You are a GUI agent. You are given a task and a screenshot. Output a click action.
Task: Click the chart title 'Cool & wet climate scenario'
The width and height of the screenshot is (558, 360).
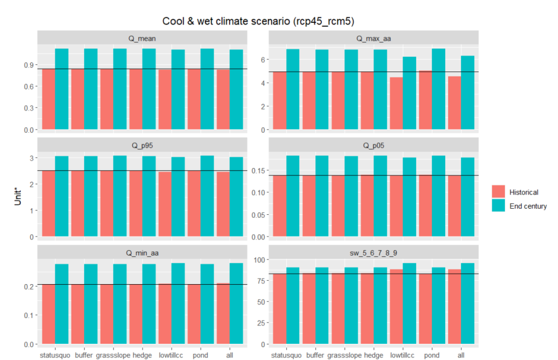coord(258,21)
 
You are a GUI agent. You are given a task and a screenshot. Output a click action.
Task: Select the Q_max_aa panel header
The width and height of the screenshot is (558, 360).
coord(373,39)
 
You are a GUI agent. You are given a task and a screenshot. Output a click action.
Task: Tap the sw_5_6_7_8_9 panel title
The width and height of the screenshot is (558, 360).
coord(373,253)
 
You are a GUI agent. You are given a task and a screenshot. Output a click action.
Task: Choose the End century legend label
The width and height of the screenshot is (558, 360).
coord(528,206)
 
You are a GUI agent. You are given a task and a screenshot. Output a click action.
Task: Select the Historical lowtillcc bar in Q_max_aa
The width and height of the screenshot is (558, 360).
coord(396,103)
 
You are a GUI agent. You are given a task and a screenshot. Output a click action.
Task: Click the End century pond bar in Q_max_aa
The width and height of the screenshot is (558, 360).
coord(439,89)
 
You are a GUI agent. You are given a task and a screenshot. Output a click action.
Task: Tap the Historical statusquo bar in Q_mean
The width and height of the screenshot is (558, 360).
coord(49,99)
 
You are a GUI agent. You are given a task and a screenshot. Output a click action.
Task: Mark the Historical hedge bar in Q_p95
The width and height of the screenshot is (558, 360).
coord(136,204)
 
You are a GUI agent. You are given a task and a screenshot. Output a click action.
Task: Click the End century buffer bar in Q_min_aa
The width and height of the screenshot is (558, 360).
coord(90,304)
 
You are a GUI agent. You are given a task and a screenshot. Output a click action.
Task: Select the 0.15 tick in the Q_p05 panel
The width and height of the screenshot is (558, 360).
coord(256,170)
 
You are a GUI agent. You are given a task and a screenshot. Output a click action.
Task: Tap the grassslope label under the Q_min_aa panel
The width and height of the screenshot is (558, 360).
coord(113,354)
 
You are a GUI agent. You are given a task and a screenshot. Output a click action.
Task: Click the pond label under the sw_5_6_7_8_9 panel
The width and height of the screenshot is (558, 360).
coord(432,354)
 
